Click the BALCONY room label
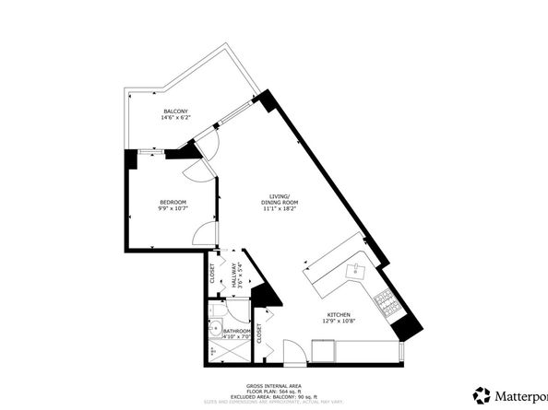pyautogui.click(x=175, y=111)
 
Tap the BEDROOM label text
pyautogui.click(x=173, y=202)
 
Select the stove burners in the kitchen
pyautogui.click(x=386, y=300)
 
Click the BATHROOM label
pyautogui.click(x=238, y=330)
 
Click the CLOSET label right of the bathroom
pyautogui.click(x=259, y=333)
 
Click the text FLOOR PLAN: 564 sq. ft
pyautogui.click(x=273, y=392)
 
